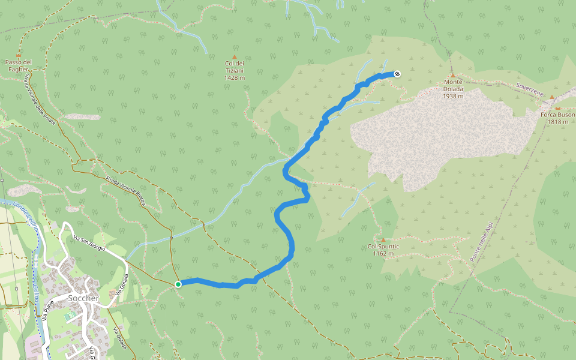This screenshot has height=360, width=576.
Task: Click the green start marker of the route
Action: tap(178, 284)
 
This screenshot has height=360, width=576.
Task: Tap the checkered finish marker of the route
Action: tap(397, 74)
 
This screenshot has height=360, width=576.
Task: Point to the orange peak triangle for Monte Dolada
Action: tap(453, 75)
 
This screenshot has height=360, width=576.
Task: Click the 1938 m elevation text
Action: tap(453, 96)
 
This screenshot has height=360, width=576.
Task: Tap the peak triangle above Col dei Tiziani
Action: tap(235, 56)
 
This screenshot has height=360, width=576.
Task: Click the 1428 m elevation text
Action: tap(235, 77)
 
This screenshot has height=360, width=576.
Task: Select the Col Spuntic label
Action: tap(383, 246)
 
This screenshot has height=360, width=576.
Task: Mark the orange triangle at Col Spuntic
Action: tap(383, 239)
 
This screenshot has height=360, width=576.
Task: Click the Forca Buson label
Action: tap(557, 114)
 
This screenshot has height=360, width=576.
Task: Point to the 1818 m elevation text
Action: tap(557, 121)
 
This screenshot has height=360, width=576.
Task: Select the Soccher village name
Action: tap(83, 298)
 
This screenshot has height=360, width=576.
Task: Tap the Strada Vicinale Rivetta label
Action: tap(127, 190)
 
